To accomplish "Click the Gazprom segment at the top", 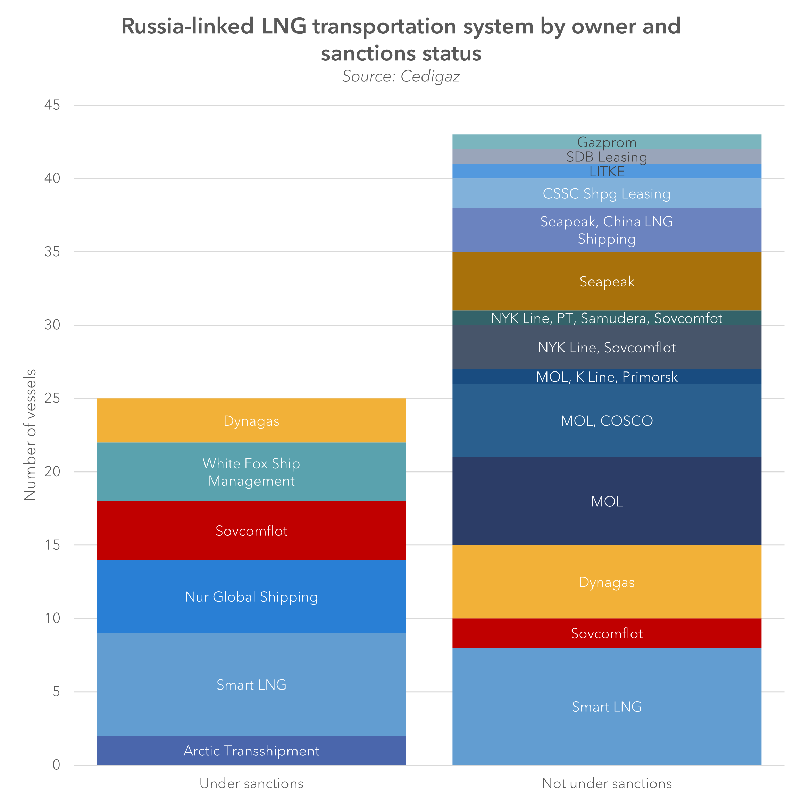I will (607, 142).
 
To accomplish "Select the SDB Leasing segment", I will (607, 157).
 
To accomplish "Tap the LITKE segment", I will (607, 171).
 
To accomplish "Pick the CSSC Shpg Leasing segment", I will (607, 193).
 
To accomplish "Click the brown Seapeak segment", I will (607, 282).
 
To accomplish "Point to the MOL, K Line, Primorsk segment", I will (607, 376).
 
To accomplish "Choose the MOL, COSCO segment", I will (607, 420).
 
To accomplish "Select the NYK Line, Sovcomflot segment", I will (607, 347).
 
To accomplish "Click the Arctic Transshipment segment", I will (251, 751).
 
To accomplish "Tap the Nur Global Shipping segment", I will (251, 596).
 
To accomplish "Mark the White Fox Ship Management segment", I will (251, 472).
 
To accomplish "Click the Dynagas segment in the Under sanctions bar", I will (251, 420).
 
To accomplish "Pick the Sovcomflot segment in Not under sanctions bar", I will (607, 633).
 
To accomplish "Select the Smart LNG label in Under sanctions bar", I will (251, 685).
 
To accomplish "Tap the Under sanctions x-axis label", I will (251, 783).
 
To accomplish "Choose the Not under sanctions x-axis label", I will (607, 783).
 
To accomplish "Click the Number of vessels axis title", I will (30, 435).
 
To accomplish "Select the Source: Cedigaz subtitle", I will (401, 76).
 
